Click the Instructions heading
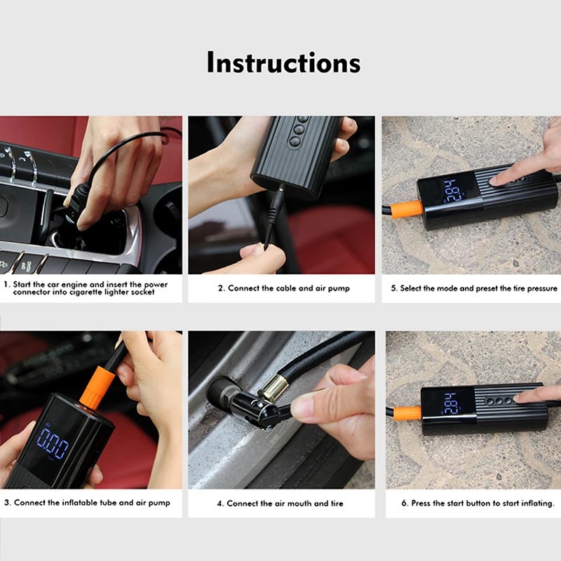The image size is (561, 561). (x=284, y=62)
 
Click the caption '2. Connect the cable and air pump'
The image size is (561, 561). (x=284, y=288)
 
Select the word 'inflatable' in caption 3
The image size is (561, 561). (x=79, y=503)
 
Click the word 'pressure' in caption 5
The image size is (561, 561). (x=542, y=288)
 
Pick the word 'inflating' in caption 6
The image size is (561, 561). (x=536, y=503)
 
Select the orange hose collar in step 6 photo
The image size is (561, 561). (x=408, y=414)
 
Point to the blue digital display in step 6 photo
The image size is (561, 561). (x=452, y=403)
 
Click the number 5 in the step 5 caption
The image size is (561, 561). (x=393, y=288)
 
